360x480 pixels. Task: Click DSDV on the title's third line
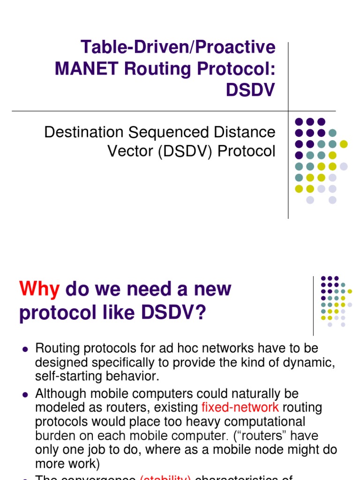[250, 90]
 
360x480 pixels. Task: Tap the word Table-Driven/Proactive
[178, 47]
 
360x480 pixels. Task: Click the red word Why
[39, 289]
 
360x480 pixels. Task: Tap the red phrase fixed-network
[240, 407]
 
